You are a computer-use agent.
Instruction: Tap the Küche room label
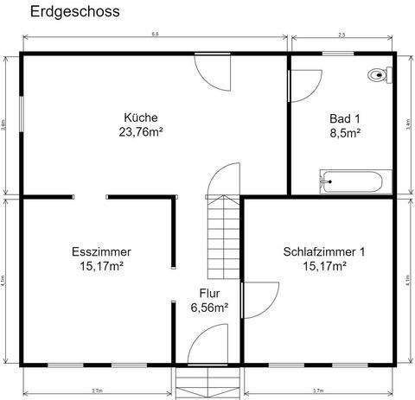click(141, 117)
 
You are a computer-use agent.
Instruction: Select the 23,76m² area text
click(141, 132)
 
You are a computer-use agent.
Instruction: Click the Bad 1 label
click(344, 118)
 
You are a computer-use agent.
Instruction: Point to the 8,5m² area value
click(344, 133)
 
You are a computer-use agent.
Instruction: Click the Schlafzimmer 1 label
click(324, 252)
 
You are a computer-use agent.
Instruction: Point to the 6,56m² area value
click(209, 308)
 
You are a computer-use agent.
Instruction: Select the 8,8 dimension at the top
click(154, 33)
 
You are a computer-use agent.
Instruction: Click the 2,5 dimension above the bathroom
click(342, 33)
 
